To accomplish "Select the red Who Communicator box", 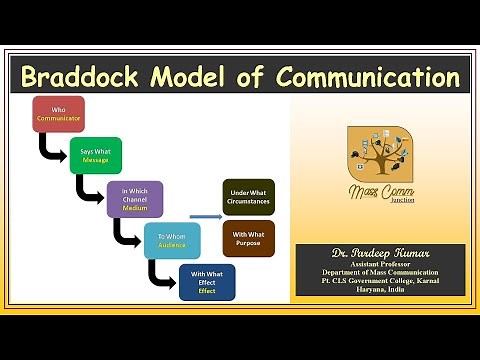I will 58,113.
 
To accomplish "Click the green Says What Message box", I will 95,156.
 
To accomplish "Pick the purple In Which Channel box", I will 134,199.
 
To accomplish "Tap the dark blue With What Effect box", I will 206,283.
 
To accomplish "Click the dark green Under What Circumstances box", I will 248,197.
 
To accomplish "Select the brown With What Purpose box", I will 248,240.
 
